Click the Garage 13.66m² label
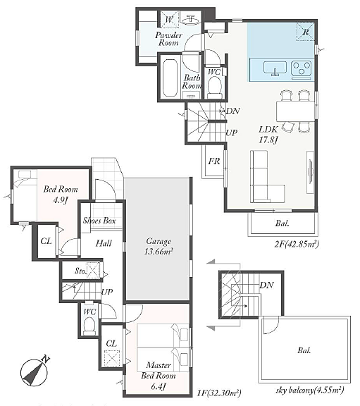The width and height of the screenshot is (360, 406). click(158, 246)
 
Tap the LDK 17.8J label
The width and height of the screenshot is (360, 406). click(268, 135)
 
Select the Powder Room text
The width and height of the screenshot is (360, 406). click(168, 39)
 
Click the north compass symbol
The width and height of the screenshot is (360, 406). click(35, 371)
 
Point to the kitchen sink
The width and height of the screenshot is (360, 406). click(275, 68)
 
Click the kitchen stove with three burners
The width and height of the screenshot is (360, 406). click(301, 69)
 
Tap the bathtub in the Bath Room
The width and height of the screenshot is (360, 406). click(170, 78)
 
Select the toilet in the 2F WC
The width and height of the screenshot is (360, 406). click(215, 87)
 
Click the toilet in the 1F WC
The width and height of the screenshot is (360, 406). click(89, 325)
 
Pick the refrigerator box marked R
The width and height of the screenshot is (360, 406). click(305, 32)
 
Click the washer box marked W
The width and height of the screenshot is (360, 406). click(169, 19)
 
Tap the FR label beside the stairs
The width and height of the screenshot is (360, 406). click(214, 161)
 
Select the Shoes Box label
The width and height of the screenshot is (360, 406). click(99, 221)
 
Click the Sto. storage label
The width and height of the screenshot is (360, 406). click(80, 271)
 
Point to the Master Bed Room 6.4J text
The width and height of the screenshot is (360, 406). click(158, 376)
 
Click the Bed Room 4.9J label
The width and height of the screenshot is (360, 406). click(61, 195)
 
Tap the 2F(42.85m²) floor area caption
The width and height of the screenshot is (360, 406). click(297, 244)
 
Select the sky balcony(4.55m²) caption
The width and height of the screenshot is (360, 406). click(310, 390)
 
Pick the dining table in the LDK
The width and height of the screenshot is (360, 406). click(296, 111)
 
